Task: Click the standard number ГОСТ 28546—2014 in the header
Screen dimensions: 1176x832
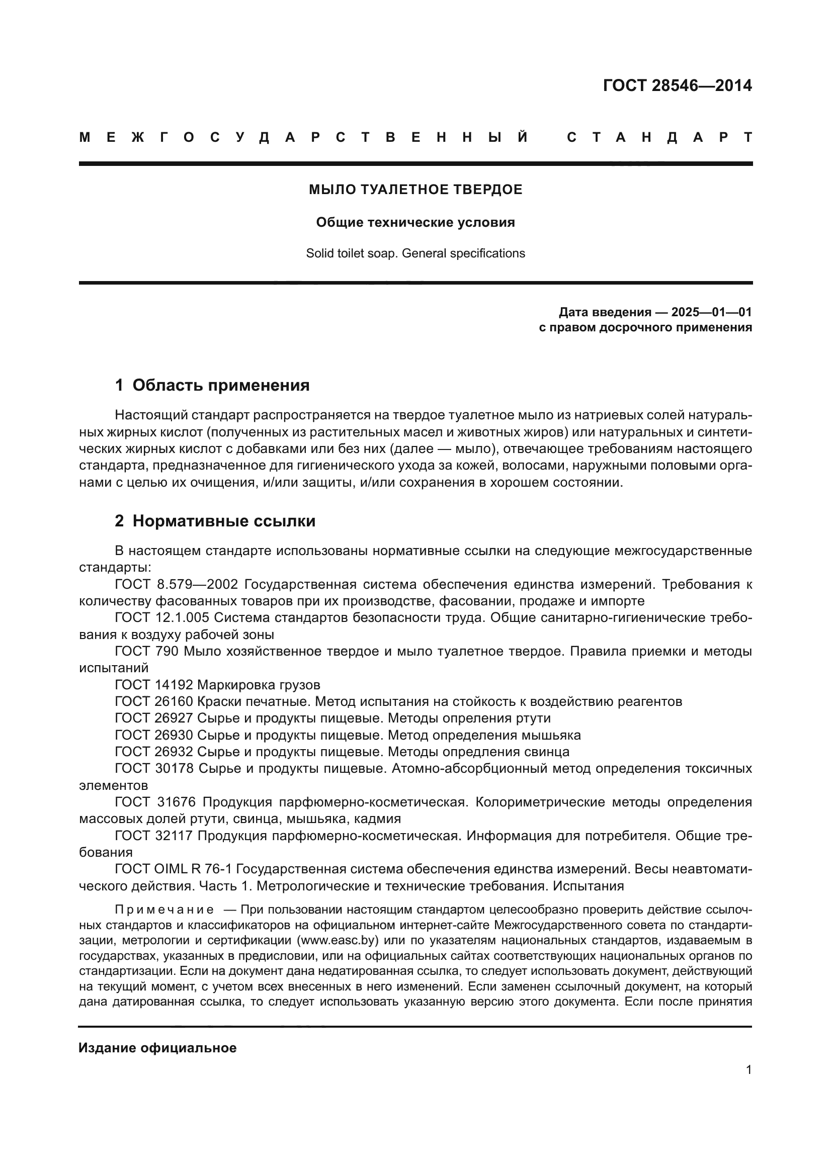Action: click(677, 85)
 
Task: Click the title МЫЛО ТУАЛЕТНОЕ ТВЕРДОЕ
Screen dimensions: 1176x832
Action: click(415, 190)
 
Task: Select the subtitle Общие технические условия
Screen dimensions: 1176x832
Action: click(415, 222)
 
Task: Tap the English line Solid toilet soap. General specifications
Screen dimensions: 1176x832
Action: click(415, 253)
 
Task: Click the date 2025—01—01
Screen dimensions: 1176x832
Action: click(711, 312)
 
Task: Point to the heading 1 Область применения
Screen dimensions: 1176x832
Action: click(212, 385)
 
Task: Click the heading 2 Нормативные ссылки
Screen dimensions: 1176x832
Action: click(215, 521)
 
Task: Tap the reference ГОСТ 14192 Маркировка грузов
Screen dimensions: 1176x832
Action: click(217, 684)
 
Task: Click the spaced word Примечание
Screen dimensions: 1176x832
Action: click(164, 910)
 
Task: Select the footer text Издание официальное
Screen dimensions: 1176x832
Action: click(157, 1047)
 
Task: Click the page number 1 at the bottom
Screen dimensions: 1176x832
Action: click(748, 1069)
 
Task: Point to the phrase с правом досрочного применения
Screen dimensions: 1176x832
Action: click(645, 327)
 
